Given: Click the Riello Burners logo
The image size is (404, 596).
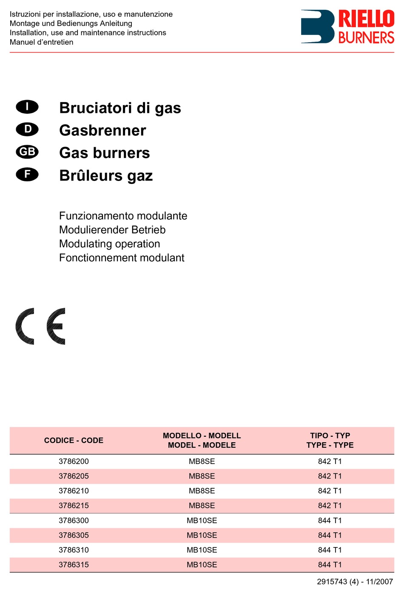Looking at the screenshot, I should click(x=347, y=27).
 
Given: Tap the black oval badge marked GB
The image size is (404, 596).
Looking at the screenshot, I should click(x=27, y=152).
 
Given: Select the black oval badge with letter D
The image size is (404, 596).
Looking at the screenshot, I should click(x=27, y=129).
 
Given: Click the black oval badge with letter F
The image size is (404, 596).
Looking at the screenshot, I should click(x=27, y=175).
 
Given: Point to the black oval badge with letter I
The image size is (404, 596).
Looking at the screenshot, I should click(x=27, y=107).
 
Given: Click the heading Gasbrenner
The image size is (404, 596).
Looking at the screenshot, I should click(x=102, y=130).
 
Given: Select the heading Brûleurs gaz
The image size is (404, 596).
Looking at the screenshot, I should click(x=106, y=175).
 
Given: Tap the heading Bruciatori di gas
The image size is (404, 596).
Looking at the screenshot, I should click(x=120, y=108).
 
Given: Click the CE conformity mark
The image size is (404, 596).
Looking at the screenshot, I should click(x=40, y=326).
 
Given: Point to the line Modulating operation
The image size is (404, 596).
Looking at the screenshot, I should click(x=109, y=244).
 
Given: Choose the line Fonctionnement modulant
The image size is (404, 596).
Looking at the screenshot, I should click(x=122, y=258).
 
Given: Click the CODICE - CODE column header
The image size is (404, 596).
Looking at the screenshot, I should click(x=74, y=441).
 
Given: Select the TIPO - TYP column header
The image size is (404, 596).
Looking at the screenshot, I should click(x=330, y=441).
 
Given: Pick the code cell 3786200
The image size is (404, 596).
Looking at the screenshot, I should click(x=74, y=461).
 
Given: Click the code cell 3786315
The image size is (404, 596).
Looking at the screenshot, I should click(x=74, y=565).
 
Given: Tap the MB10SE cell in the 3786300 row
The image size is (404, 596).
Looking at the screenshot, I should click(x=202, y=521).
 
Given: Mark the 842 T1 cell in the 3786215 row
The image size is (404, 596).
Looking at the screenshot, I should click(x=330, y=506).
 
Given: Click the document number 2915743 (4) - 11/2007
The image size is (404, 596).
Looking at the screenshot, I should click(x=355, y=582).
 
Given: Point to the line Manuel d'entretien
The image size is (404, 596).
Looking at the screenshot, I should click(x=41, y=42).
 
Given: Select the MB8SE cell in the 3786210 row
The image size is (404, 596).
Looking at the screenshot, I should click(x=202, y=491).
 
